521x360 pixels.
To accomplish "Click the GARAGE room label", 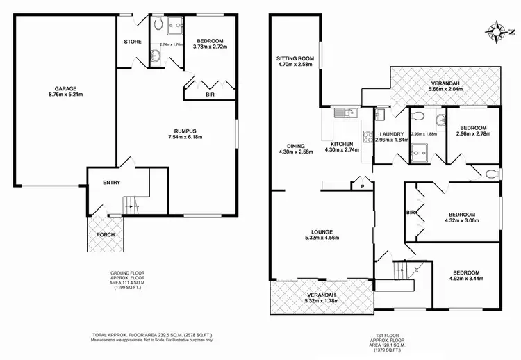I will click(66, 88).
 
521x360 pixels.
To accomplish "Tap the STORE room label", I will click(133, 42).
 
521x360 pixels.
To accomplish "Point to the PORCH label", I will click(106, 234).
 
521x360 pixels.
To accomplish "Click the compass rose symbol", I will click(498, 31).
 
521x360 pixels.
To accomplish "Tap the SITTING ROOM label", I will click(296, 58).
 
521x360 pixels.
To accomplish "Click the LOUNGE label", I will click(323, 231).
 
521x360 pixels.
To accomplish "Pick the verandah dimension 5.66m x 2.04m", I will click(445, 89).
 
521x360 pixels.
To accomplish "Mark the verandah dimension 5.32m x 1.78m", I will click(323, 301).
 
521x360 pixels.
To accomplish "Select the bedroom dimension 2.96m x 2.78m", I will click(472, 133).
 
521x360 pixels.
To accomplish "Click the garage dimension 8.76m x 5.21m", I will click(66, 95).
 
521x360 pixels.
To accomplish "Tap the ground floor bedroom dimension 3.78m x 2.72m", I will click(205, 48).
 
